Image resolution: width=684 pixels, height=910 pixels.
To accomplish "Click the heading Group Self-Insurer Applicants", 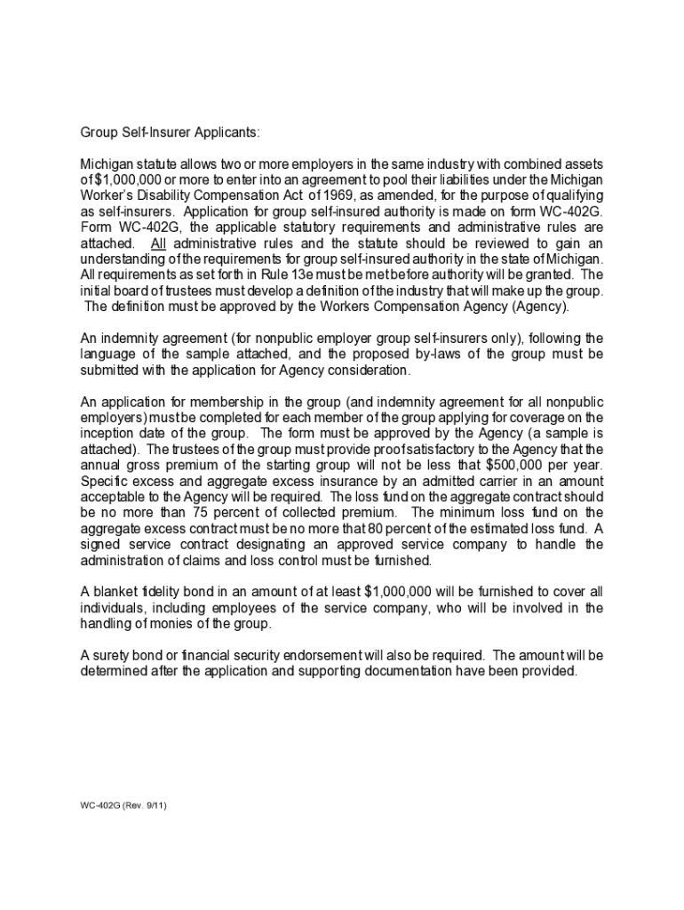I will pyautogui.click(x=171, y=132).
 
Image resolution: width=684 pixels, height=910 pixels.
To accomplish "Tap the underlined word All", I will pyautogui.click(x=158, y=243).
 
